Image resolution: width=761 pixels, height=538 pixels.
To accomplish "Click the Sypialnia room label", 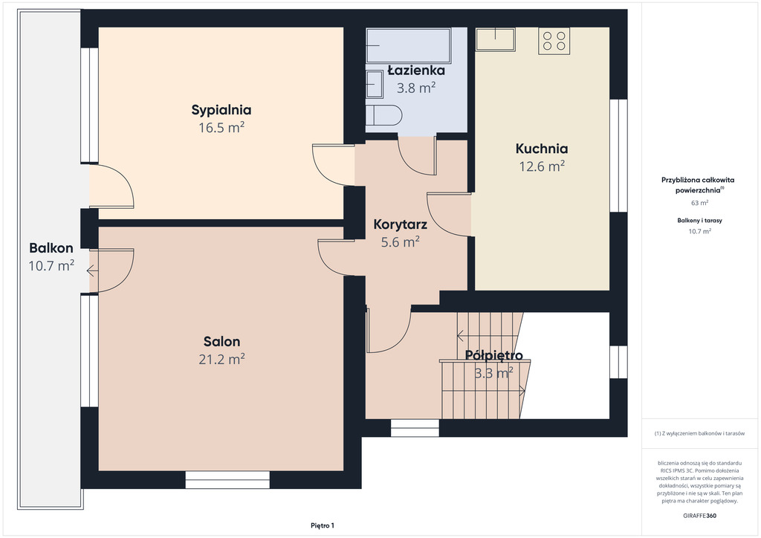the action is (221, 110).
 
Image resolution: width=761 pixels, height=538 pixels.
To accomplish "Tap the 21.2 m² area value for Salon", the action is (221, 359).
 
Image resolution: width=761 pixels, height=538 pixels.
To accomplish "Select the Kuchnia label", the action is (542, 149).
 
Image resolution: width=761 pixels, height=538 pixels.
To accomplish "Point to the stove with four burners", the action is (554, 41).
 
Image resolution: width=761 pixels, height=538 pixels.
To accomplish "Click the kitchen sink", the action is (495, 39).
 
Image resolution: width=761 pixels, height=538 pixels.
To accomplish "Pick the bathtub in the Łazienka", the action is (409, 45).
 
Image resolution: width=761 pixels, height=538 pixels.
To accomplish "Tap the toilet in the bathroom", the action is (384, 115).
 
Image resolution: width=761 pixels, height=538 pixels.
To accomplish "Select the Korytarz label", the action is (401, 224).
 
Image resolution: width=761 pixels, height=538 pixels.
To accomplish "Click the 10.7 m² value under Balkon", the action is (51, 266).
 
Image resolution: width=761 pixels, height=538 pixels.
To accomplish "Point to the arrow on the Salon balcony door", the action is (92, 270).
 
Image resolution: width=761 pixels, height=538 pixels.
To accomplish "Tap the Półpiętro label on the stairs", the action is (494, 356).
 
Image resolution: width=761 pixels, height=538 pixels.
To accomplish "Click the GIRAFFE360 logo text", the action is (699, 516).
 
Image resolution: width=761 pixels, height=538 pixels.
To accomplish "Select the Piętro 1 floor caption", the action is (323, 525).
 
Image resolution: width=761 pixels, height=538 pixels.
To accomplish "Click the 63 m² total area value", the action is (699, 203).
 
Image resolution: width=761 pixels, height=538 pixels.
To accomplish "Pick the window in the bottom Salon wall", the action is (227, 479).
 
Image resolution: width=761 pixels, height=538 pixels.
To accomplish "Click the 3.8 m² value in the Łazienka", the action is (416, 88).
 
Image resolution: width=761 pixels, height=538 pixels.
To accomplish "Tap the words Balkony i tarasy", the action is (699, 220).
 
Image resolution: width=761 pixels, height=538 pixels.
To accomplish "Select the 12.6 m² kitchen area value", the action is (542, 166).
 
